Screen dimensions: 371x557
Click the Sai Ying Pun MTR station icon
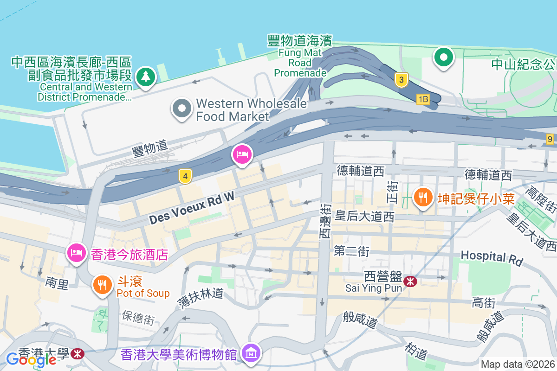tap(410, 281)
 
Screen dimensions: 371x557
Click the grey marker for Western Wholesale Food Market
tap(181, 109)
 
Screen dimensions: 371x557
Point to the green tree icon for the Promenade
tap(146, 76)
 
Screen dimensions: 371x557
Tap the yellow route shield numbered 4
tap(185, 176)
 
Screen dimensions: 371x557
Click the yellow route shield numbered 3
tap(401, 79)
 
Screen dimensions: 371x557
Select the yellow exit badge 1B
tap(423, 99)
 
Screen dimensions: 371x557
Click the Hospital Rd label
tap(492, 257)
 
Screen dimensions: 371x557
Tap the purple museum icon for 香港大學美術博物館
tap(251, 353)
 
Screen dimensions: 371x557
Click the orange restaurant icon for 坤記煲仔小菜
tap(422, 198)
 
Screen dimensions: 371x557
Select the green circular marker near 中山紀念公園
tap(443, 58)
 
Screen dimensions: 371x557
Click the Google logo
tap(31, 359)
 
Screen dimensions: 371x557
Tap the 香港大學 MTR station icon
tap(78, 354)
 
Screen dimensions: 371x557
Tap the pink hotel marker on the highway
tap(242, 154)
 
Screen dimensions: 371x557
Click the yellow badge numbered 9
tap(550, 138)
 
